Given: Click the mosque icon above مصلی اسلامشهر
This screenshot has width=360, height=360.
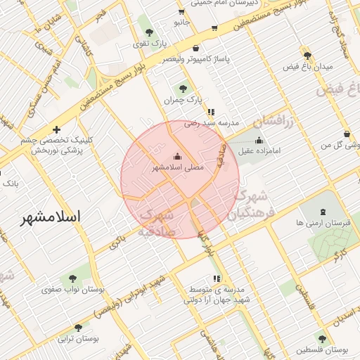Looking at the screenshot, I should [176, 156].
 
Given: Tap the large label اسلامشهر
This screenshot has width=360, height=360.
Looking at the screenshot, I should [50, 217].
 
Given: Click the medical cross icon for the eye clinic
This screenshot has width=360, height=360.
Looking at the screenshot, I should [56, 129].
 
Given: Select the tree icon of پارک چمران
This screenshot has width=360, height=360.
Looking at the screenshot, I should [183, 89].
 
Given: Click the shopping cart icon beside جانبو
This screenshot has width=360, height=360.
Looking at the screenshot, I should [181, 11].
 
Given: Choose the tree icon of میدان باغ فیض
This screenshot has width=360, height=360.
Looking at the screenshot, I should [307, 55].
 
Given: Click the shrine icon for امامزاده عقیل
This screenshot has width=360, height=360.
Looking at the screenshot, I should [259, 139].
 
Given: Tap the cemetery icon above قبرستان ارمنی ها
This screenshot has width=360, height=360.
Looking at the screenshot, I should [323, 211].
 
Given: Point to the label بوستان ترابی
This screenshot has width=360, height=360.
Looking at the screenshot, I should [77, 339].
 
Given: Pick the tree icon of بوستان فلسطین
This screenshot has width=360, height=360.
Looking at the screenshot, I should [322, 338].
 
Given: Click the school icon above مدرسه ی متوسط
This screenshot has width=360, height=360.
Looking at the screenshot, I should [217, 278].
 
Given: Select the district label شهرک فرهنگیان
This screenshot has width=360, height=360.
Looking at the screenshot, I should [250, 194].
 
